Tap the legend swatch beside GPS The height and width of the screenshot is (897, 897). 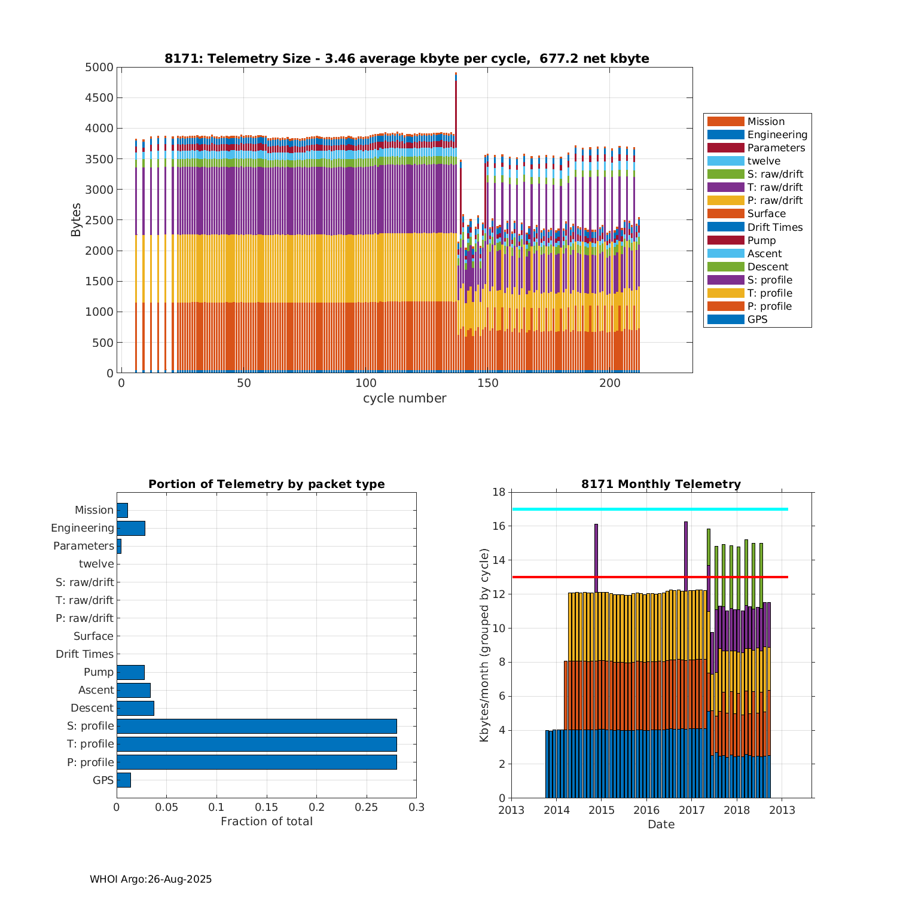(725, 319)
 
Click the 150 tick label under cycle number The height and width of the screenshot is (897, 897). (488, 383)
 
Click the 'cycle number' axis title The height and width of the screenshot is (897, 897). (404, 398)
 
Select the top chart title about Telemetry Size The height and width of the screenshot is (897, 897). (407, 59)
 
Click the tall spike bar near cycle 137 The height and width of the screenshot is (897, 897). (456, 179)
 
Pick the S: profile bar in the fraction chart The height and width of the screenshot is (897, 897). (257, 726)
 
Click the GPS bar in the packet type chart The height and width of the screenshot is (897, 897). (124, 780)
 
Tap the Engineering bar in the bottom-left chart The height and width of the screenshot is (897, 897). (131, 528)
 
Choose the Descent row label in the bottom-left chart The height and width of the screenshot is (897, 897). (92, 708)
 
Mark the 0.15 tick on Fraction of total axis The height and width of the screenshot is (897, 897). (267, 807)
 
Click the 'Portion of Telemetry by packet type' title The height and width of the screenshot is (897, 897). (266, 484)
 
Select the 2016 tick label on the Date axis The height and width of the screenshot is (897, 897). (646, 810)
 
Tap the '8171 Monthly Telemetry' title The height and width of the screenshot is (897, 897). (661, 484)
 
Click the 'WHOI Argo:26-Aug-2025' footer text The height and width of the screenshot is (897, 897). (151, 879)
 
